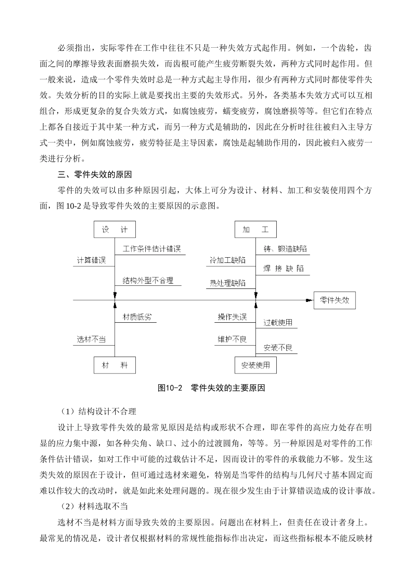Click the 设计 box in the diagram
pos(114,229)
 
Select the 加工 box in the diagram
pos(255,229)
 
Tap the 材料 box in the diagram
pos(114,365)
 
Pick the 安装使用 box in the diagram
pos(255,365)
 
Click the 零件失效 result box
pos(334,300)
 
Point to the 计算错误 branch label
pos(92,260)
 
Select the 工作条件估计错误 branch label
pos(151,249)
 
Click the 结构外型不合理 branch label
pos(148,280)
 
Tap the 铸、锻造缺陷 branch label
pos(285,249)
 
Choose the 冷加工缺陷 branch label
pos(227,260)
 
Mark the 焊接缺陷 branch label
pos(284,269)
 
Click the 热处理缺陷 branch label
pos(227,283)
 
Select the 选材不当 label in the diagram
pos(92,339)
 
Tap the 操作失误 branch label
pos(232,317)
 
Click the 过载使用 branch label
pos(278,323)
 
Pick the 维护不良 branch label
pos(232,339)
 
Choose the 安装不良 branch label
pos(278,348)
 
